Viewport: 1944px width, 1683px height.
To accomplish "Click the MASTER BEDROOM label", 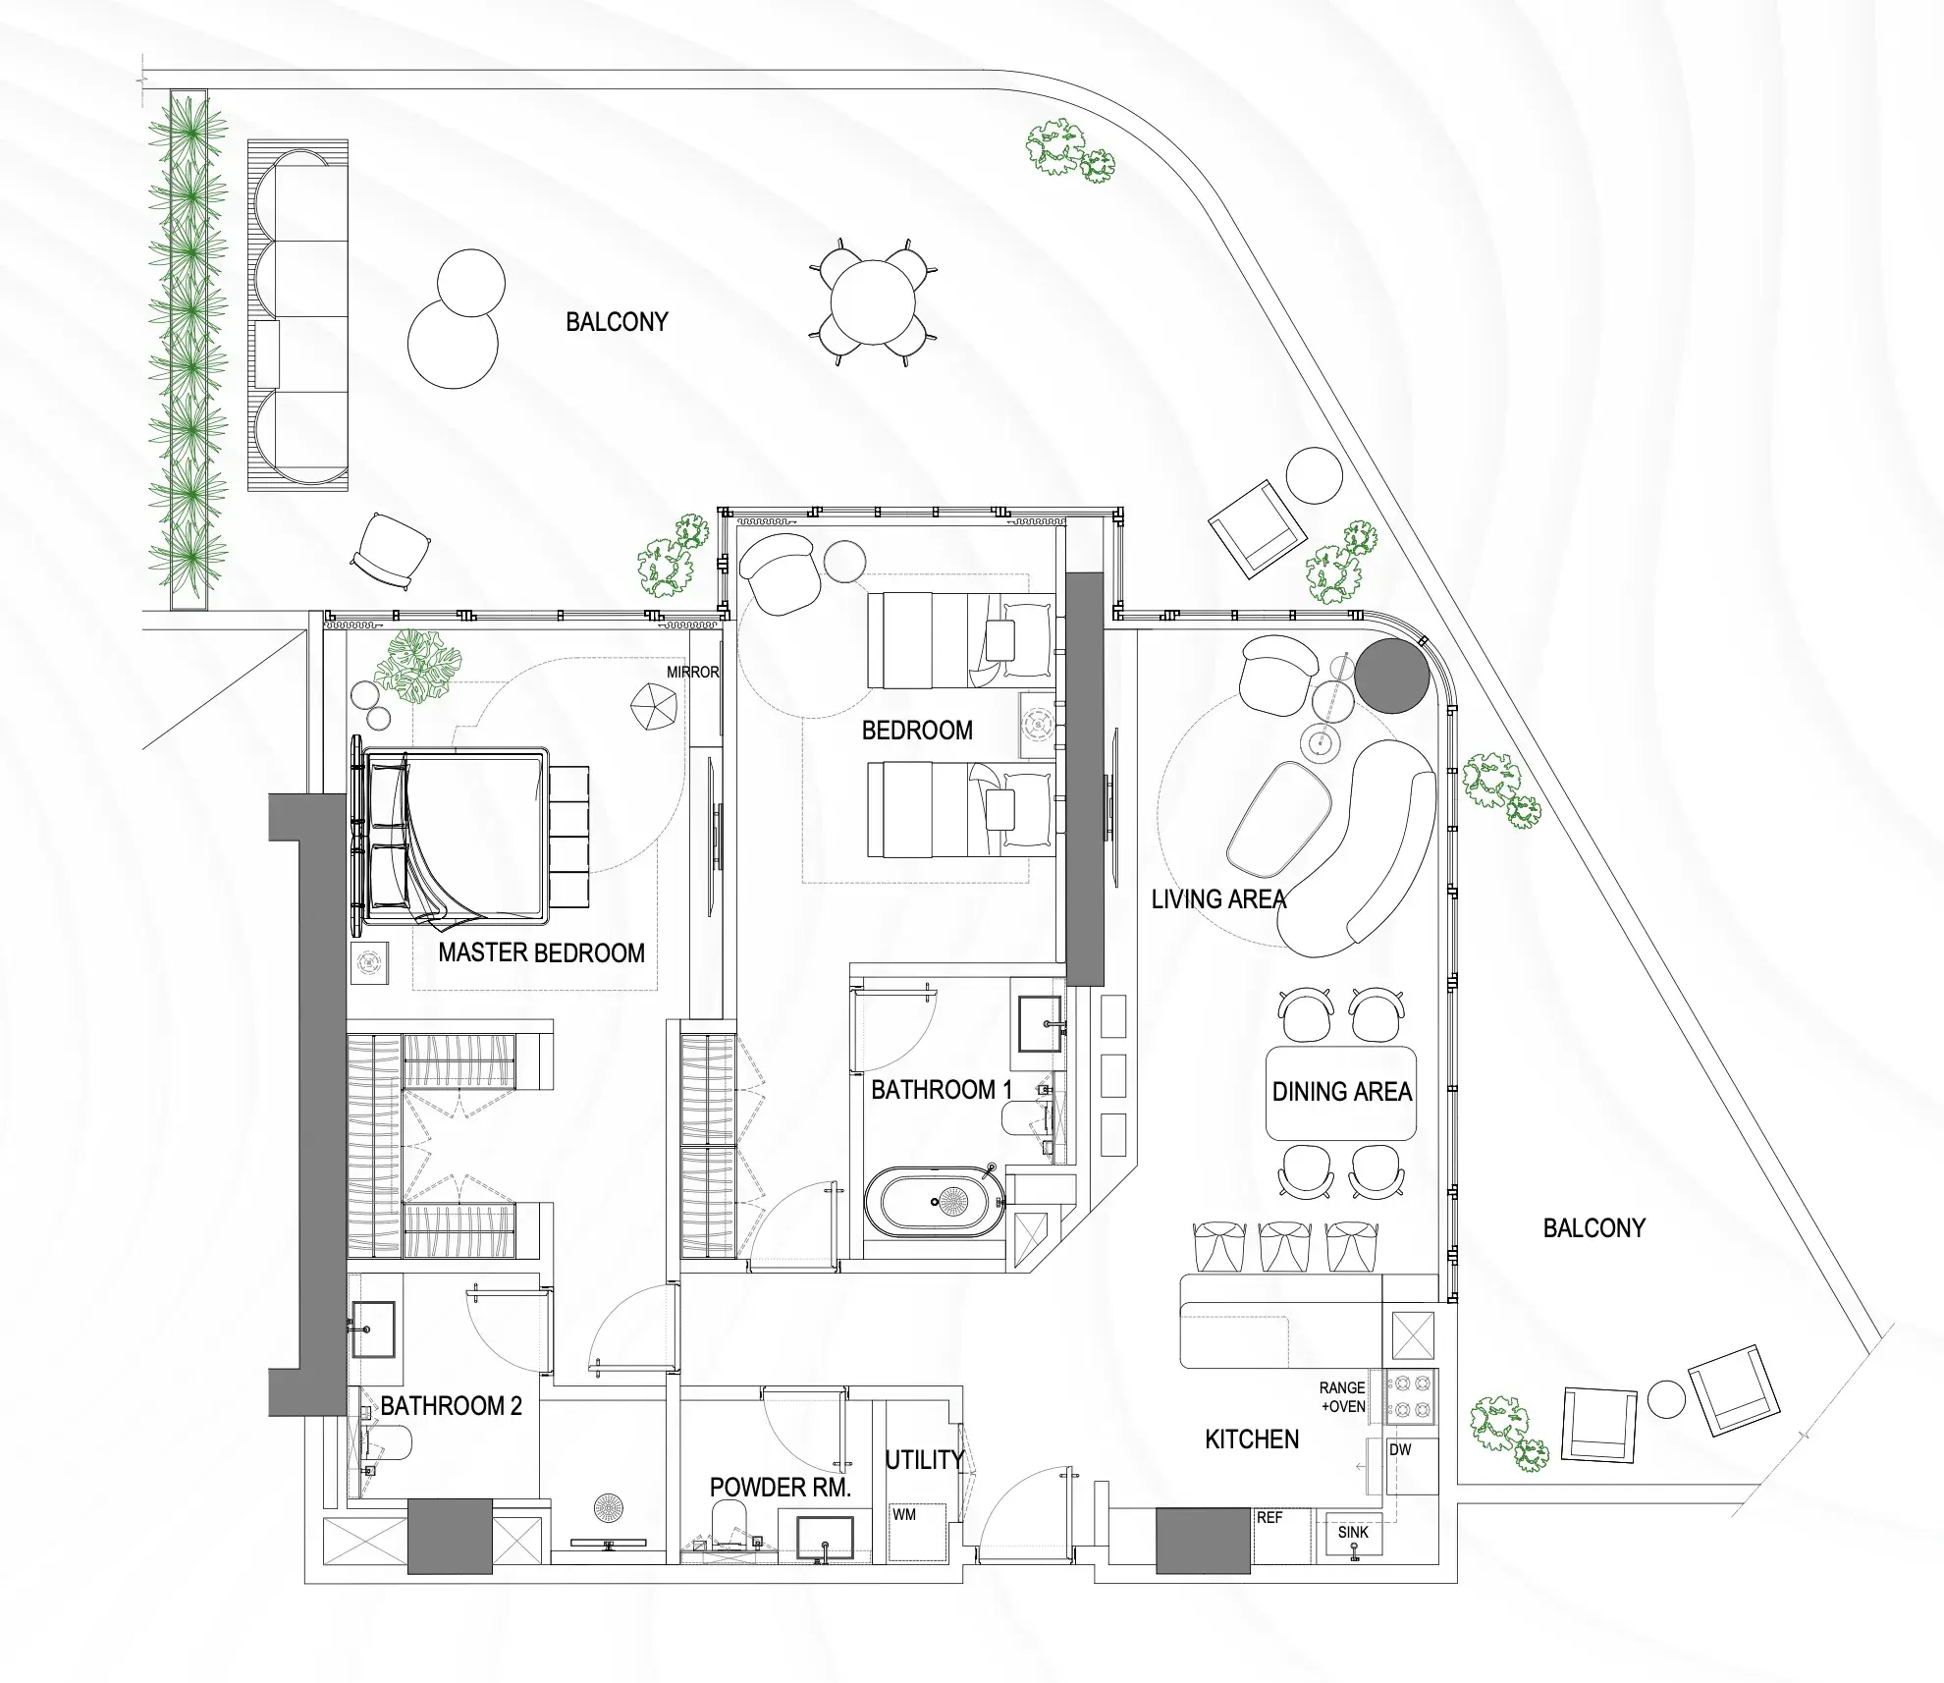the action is click(541, 952).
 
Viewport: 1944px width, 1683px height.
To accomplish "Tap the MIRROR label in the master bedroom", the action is click(692, 673).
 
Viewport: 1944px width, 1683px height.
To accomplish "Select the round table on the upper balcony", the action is click(873, 302).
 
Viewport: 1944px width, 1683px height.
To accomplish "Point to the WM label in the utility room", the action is click(904, 1515).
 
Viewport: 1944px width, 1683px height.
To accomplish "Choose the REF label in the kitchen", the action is click(1269, 1518).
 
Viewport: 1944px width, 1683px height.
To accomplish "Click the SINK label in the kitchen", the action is click(1353, 1532).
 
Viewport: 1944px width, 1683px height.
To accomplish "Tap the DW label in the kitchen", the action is click(1400, 1450).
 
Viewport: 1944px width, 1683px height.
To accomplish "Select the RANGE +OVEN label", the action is click(1342, 1397).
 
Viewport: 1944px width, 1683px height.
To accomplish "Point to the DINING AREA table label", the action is click(1342, 1092).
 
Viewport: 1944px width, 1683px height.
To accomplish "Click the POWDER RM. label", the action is click(781, 1488).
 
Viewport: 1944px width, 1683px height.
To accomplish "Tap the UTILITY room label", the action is click(924, 1460).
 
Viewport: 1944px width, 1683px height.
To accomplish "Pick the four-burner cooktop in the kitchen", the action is click(1411, 1397).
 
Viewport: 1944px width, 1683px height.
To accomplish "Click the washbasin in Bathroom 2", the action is click(373, 1330).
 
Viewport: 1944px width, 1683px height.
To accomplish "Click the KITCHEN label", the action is click(1252, 1439).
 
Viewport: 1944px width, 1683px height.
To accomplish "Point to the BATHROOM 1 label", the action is click(942, 1090).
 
